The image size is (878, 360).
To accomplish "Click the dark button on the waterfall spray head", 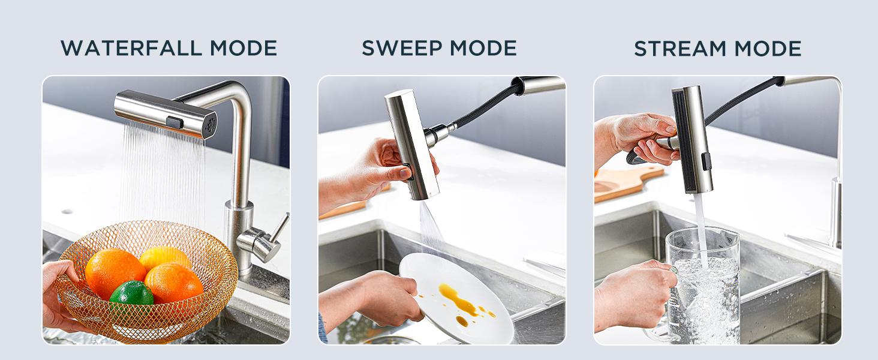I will pos(174,122).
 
